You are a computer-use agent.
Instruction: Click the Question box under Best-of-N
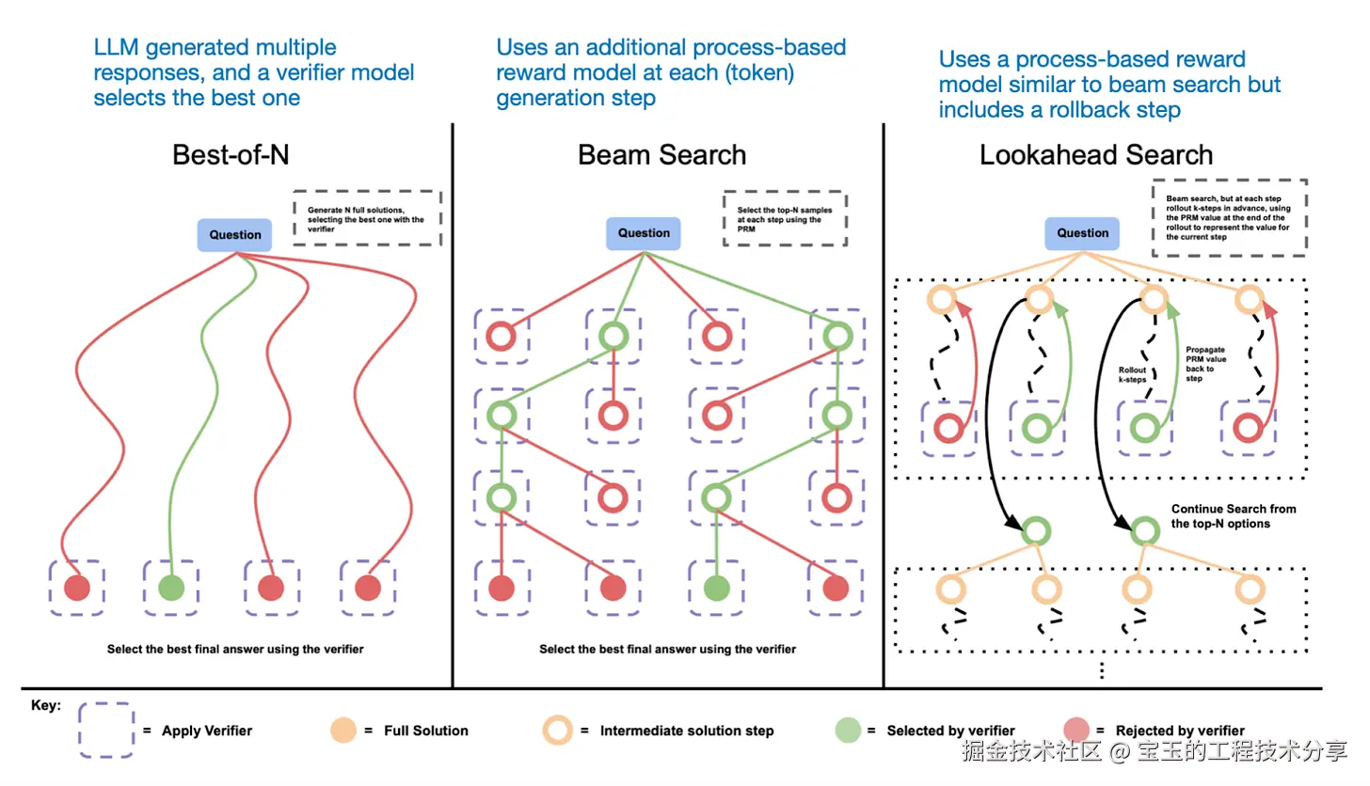[x=235, y=235]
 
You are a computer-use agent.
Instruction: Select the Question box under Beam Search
[x=644, y=233]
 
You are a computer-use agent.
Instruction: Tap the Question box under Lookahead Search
[x=1083, y=233]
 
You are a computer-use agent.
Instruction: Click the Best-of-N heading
[x=235, y=155]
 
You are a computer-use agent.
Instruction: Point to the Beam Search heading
[x=661, y=155]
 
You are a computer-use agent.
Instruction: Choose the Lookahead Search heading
[x=1096, y=155]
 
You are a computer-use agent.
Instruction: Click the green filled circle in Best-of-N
[x=170, y=589]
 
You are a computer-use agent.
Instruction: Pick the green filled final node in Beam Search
[x=716, y=589]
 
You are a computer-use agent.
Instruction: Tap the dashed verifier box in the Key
[x=105, y=731]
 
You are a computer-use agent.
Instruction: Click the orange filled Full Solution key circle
[x=342, y=731]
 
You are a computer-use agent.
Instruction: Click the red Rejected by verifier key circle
[x=1076, y=731]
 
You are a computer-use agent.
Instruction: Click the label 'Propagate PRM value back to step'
[x=1207, y=362]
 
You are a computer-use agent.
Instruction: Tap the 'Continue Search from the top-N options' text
[x=1233, y=516]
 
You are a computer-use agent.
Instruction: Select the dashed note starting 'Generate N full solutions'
[x=366, y=219]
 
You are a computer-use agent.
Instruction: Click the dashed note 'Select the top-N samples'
[x=785, y=220]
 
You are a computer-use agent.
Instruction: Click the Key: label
[x=45, y=704]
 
